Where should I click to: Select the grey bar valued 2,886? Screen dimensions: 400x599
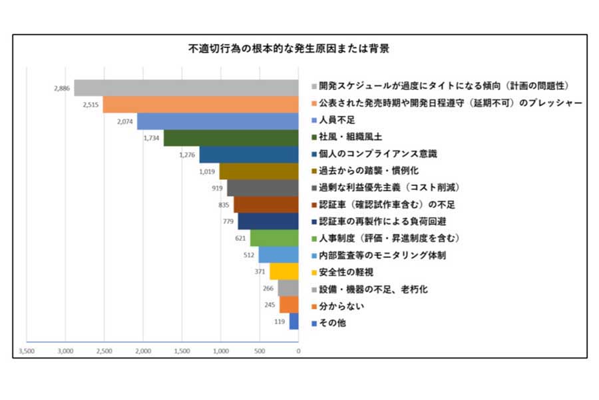coord(186,87)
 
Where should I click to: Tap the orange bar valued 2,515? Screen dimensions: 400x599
coord(200,104)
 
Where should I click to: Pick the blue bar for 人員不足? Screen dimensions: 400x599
coord(218,121)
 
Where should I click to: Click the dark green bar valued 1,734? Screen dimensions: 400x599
coord(231,138)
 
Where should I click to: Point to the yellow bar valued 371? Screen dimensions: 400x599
coord(284,271)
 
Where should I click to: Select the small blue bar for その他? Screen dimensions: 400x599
coord(294,322)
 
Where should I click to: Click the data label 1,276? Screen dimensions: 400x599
coord(188,155)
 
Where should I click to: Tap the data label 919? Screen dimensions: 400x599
coord(217,188)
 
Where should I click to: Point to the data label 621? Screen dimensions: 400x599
coord(240,238)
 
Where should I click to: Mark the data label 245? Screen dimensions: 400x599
coord(270,305)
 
